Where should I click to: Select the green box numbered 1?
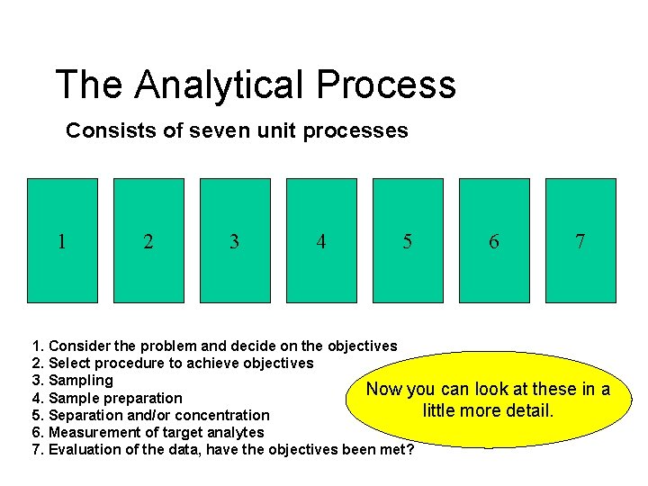[62, 240]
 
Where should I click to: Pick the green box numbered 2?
[148, 240]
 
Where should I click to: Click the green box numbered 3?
[235, 240]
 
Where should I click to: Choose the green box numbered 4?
[321, 240]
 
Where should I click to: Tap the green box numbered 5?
[408, 240]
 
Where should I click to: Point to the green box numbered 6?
[494, 240]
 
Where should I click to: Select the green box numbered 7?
[580, 240]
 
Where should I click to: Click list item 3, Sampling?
[80, 381]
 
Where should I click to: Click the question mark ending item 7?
[410, 449]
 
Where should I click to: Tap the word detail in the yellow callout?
[530, 411]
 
